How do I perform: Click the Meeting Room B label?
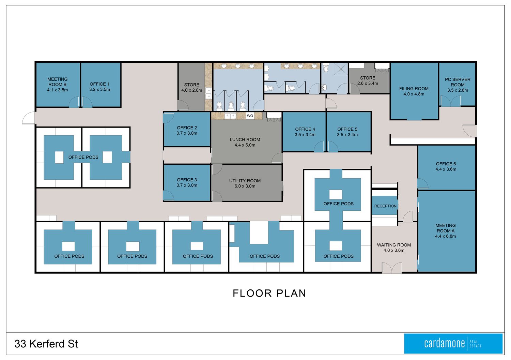coord(58,85)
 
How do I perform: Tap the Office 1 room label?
coord(100,87)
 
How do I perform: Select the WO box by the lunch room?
coord(250,116)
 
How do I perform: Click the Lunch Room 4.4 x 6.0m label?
coord(245,142)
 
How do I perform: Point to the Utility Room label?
coord(245,183)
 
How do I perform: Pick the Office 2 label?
coord(187,130)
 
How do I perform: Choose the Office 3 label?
coord(187,182)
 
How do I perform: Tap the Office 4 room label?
coord(305,132)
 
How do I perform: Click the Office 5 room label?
coord(347,132)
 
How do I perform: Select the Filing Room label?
coord(414,91)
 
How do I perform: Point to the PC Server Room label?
coord(458,85)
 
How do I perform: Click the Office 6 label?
coord(446,166)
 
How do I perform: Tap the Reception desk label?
coord(385,206)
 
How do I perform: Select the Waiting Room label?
coord(394,247)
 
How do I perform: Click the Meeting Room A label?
coord(446,231)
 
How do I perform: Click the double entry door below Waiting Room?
coord(392,268)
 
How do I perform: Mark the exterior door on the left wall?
coord(29,118)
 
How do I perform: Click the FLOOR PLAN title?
coord(269,293)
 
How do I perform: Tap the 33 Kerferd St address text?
coord(46,344)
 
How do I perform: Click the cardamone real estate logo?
coord(453,344)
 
